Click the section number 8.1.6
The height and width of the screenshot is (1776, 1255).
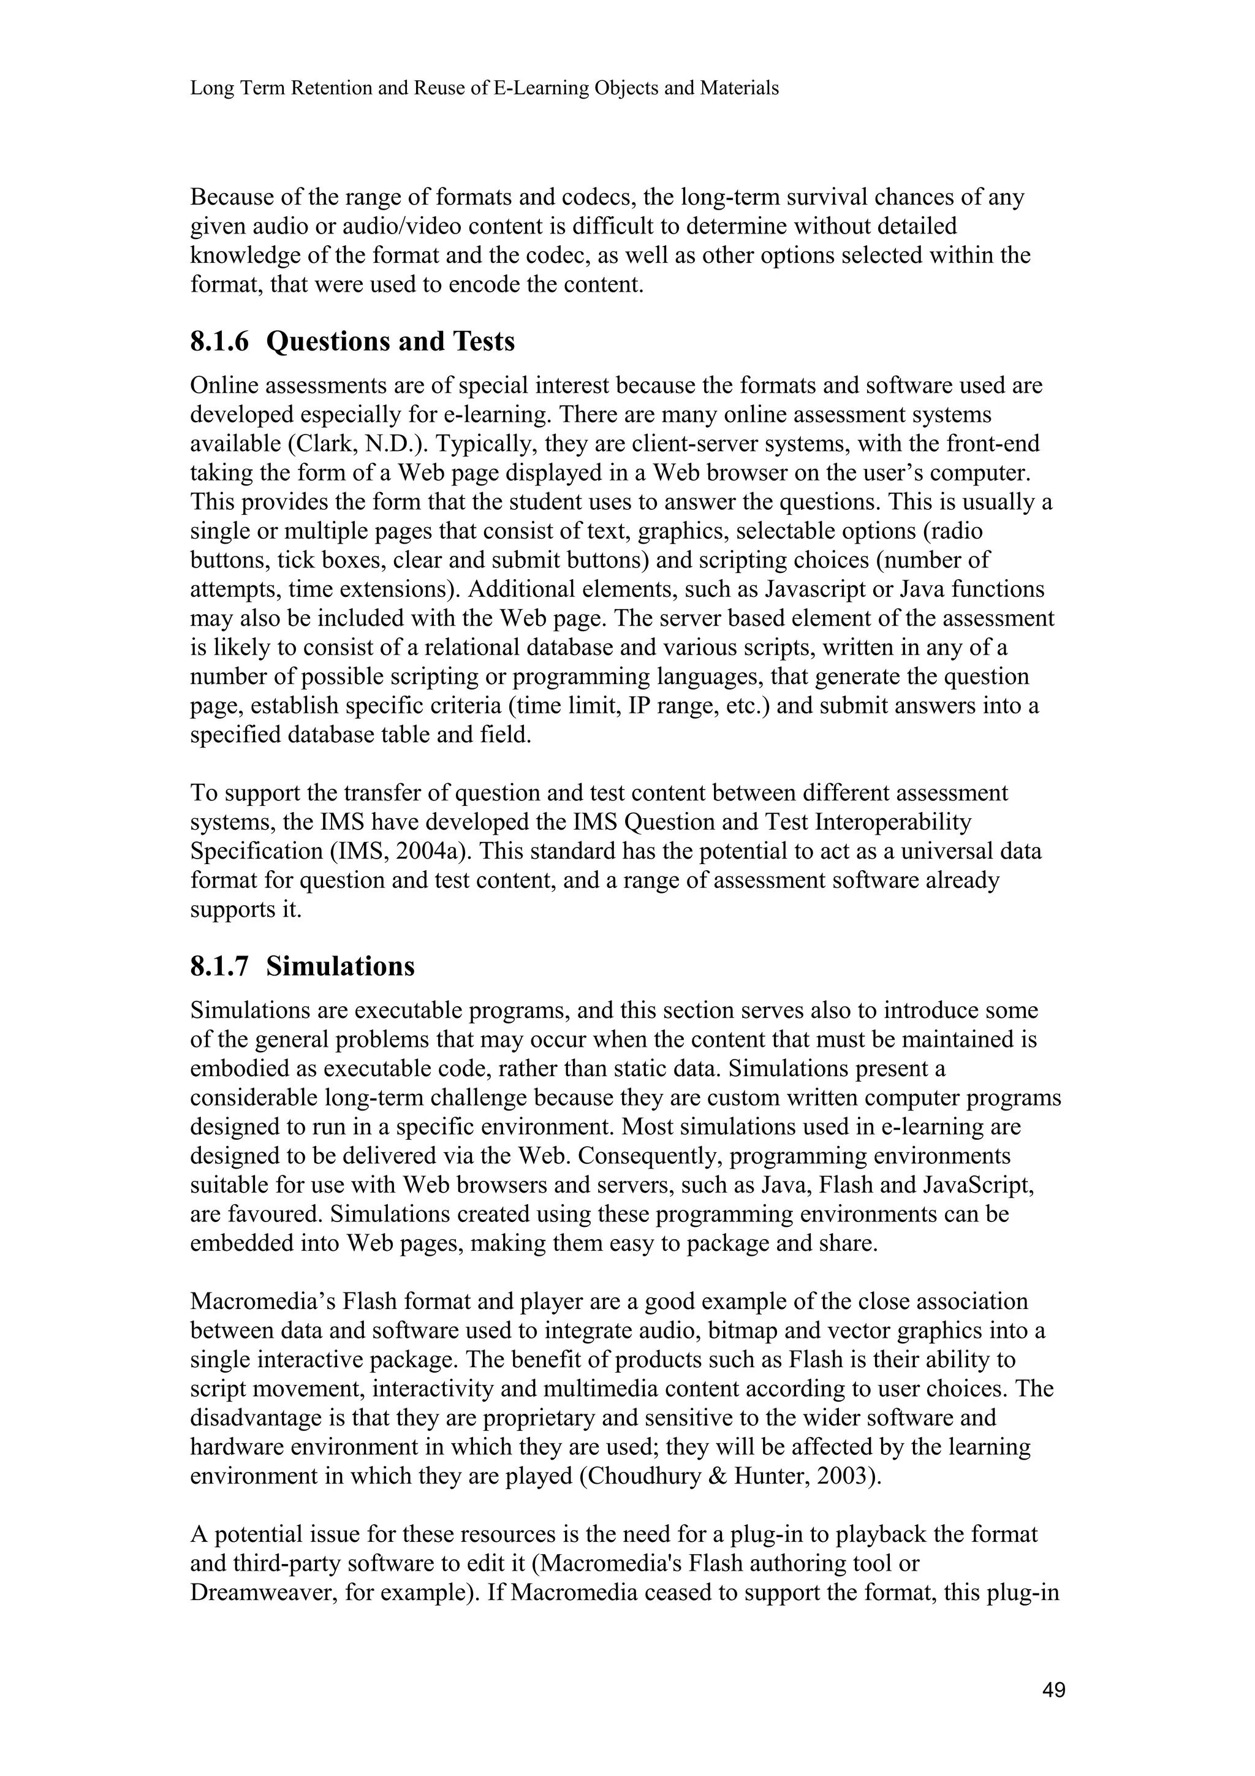(219, 341)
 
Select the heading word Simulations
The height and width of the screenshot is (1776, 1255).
(340, 967)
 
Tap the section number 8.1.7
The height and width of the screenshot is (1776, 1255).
(219, 967)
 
